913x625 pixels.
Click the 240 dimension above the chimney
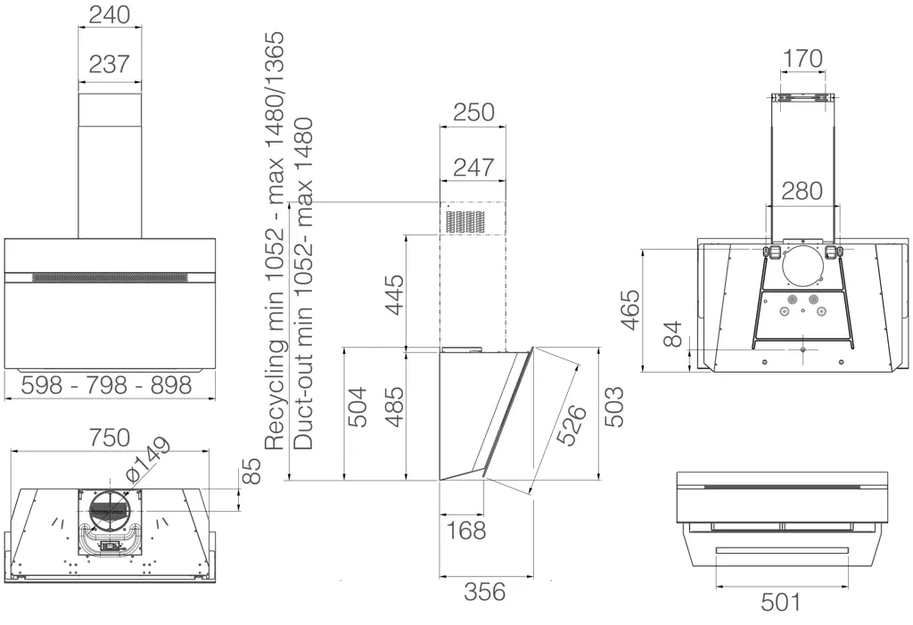(x=110, y=14)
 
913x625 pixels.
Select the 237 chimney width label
(x=110, y=63)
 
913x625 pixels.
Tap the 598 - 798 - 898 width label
(x=107, y=385)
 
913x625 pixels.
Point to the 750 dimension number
(x=110, y=438)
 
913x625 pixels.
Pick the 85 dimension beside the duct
(x=251, y=472)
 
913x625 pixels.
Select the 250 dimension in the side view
(x=473, y=112)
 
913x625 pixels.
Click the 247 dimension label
(x=473, y=168)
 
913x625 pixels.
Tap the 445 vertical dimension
(x=395, y=295)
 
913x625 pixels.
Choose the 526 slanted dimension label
(x=572, y=424)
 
